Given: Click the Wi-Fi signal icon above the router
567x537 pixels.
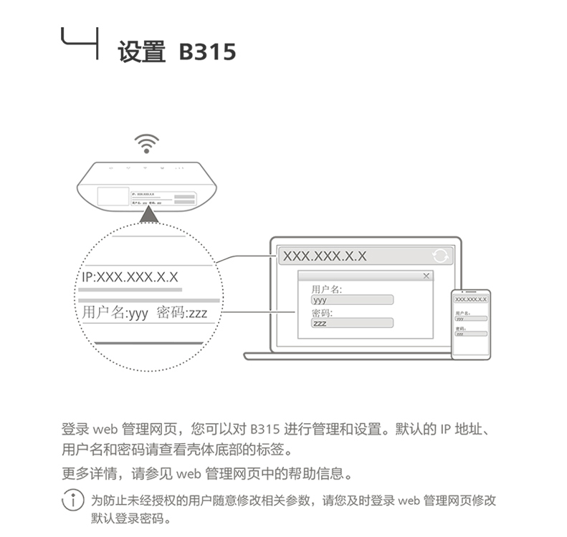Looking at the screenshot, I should [x=146, y=144].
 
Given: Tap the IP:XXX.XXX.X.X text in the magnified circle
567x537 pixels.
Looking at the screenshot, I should [x=130, y=276].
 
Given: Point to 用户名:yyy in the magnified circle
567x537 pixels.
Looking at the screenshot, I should [x=115, y=313].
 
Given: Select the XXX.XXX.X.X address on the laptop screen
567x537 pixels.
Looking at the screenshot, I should [x=324, y=256].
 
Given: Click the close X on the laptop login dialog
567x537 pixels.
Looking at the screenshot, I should [x=427, y=276].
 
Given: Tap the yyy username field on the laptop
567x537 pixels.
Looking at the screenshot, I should [x=352, y=300].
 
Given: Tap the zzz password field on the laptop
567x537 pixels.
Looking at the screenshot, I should [x=352, y=323].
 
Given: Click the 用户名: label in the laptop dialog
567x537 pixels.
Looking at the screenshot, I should [x=326, y=289].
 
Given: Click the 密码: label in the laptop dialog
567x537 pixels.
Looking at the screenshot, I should [x=322, y=313].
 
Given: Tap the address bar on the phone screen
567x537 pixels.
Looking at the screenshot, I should [x=470, y=299].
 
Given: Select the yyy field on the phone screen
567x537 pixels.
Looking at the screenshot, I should [x=470, y=319].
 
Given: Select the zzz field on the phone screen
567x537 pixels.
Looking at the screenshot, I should [x=470, y=334].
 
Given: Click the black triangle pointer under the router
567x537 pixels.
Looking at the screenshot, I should [x=148, y=215].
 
